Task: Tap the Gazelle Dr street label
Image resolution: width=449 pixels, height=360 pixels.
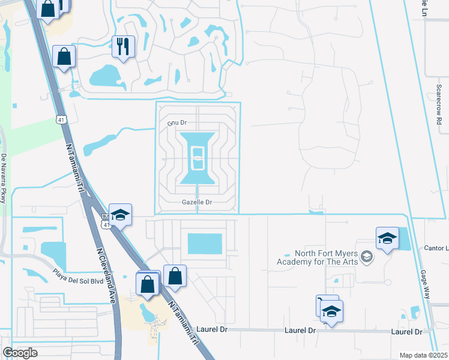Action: tap(197, 203)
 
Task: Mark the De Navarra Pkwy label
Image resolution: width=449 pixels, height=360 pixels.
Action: tap(4, 178)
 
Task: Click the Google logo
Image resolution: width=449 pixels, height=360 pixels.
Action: tap(20, 353)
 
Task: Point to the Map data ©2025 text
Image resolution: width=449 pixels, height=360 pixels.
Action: tap(423, 355)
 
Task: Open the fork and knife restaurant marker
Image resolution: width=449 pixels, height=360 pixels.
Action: tap(123, 46)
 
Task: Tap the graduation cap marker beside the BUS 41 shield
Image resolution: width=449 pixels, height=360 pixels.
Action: tap(120, 215)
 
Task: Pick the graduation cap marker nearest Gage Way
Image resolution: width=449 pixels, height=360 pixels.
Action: tap(388, 238)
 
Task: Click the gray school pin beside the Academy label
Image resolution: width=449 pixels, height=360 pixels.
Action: tap(368, 257)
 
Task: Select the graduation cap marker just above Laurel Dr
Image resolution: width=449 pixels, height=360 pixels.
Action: tap(330, 310)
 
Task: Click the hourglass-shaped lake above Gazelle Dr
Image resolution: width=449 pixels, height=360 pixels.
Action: tap(198, 158)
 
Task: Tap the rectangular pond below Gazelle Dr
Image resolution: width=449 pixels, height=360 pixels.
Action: tap(205, 244)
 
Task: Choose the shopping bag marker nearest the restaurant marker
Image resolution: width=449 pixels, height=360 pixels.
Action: tap(64, 56)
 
